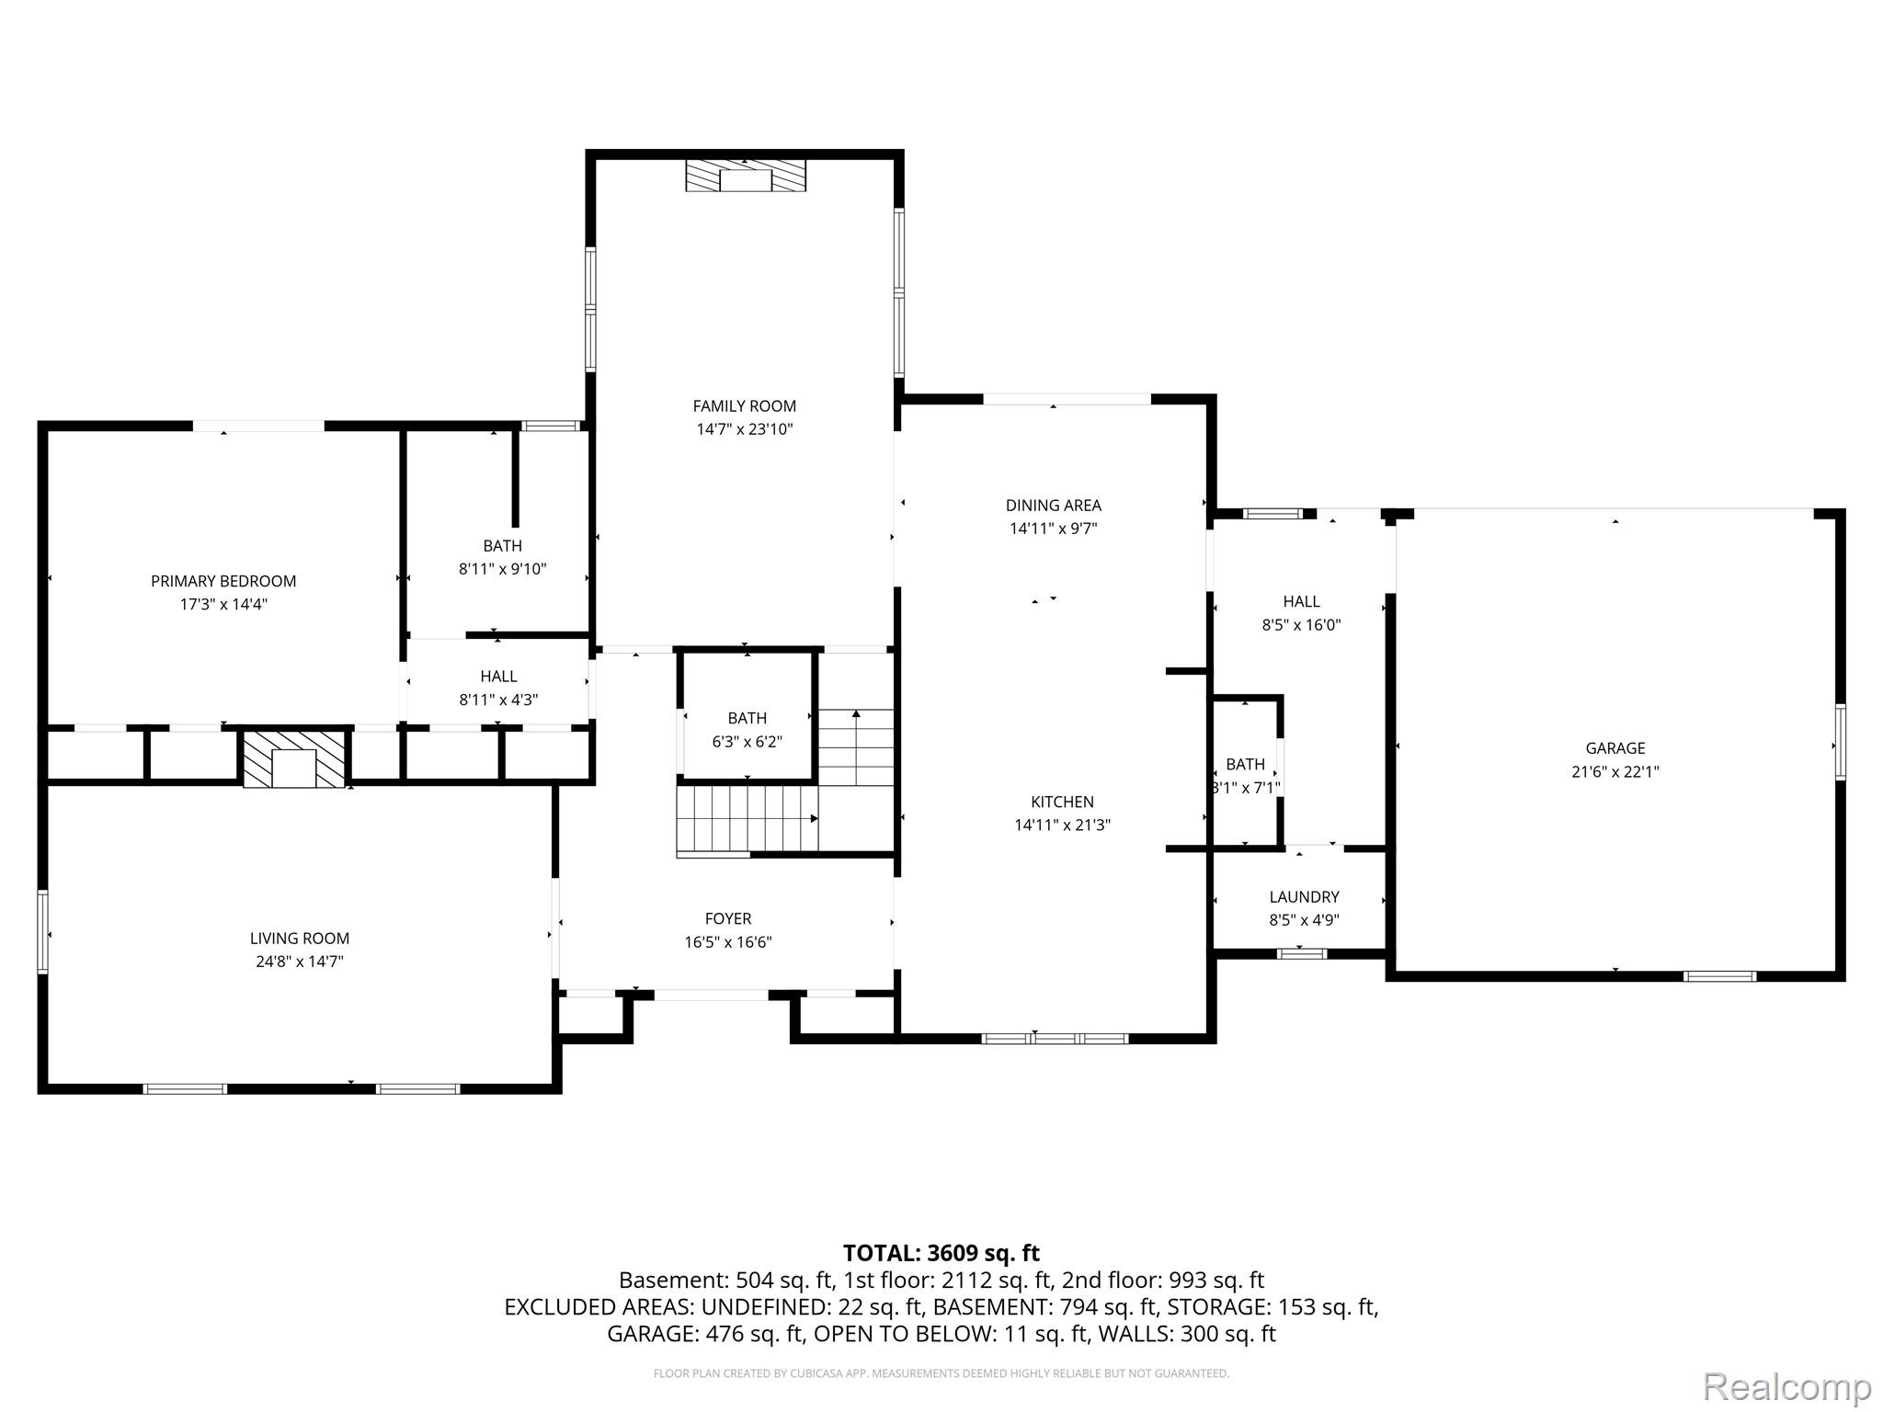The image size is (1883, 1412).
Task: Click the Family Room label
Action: pyautogui.click(x=744, y=406)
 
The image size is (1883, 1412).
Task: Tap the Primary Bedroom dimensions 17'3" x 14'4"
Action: pyautogui.click(x=223, y=604)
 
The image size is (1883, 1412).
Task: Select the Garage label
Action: pyautogui.click(x=1615, y=748)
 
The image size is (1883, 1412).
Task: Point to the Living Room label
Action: pyautogui.click(x=300, y=939)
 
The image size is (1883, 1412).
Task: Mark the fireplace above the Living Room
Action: pyautogui.click(x=294, y=758)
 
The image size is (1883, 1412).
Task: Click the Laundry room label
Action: pyautogui.click(x=1304, y=897)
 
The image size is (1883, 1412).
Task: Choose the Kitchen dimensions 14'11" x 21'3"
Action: pyautogui.click(x=1062, y=826)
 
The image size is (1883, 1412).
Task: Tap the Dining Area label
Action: pyautogui.click(x=1053, y=506)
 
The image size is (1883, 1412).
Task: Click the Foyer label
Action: pyautogui.click(x=728, y=919)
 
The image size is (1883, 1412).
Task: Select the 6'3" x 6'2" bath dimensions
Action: pyautogui.click(x=747, y=742)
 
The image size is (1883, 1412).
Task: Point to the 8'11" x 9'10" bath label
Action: pyautogui.click(x=502, y=546)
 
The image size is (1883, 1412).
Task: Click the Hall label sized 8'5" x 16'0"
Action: pyautogui.click(x=1301, y=602)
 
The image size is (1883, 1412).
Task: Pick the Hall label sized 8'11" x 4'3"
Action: pyautogui.click(x=498, y=677)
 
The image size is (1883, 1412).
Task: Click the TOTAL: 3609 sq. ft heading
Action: pyautogui.click(x=941, y=1253)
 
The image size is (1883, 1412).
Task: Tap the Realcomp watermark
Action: pyautogui.click(x=1786, y=1386)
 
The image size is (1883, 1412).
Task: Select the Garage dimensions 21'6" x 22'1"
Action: pyautogui.click(x=1615, y=772)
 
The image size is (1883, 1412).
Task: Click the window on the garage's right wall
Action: pyautogui.click(x=1841, y=742)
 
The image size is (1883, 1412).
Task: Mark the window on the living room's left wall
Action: pyautogui.click(x=42, y=931)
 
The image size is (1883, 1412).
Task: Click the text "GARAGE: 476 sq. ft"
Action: pyautogui.click(x=704, y=1334)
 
